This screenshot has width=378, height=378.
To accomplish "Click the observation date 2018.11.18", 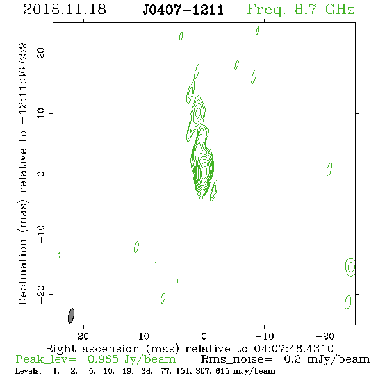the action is point(65,10).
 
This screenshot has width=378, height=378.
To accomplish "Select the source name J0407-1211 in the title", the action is point(183,10).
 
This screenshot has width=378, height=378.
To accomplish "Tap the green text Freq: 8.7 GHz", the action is point(300,10).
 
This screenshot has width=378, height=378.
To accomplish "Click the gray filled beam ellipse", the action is point(71,316).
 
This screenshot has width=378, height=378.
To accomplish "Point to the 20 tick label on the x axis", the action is point(83,336).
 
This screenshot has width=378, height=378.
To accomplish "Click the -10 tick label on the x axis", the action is point(264,336).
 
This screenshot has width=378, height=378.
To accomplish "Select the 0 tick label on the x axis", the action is point(204,336).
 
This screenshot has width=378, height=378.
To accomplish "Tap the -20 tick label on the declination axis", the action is point(41,295).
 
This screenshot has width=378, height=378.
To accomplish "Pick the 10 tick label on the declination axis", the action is point(41,113).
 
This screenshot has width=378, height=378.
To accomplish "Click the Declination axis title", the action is point(22,174).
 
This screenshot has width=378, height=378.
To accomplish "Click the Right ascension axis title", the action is point(189,349).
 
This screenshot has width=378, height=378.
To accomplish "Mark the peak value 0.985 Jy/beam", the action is point(131,359).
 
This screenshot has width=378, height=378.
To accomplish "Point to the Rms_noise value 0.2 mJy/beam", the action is point(327,359).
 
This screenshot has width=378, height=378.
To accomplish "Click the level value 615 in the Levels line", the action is point(222,370).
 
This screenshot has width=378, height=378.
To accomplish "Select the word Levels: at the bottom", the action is point(28,370).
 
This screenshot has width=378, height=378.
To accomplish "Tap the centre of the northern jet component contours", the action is point(198,111).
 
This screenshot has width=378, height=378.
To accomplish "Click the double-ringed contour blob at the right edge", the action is point(350,267).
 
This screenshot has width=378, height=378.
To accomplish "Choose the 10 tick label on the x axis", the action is point(144,336).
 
